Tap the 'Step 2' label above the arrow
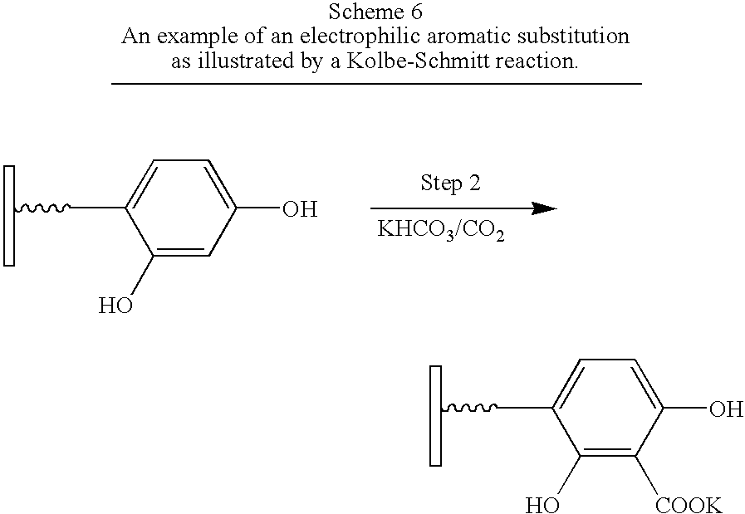[x=450, y=184]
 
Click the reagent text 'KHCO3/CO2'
[x=441, y=230]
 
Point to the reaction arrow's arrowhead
[x=543, y=208]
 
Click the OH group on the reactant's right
[x=299, y=209]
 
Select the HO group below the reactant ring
[x=115, y=306]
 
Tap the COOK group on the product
[x=689, y=505]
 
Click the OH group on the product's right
[x=725, y=409]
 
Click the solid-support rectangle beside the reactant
[x=9, y=216]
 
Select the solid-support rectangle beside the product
[x=435, y=414]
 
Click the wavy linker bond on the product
[x=470, y=408]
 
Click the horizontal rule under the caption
[x=376, y=84]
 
